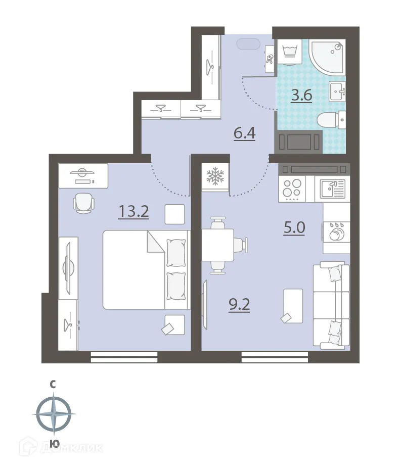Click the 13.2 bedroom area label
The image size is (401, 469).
pos(133,211)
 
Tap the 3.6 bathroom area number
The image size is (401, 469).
pos(302,96)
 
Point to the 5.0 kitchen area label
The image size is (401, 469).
pos(294,227)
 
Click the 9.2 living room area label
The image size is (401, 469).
pos(239,305)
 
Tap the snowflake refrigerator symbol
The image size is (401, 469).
pos(215,176)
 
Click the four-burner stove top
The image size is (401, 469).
pos(292,189)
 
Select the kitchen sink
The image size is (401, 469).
pos(332,189)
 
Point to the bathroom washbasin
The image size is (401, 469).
pos(338,91)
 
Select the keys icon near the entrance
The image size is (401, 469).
pos(270,59)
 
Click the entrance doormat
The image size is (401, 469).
pos(248,45)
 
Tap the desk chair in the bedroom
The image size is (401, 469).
pos(84,203)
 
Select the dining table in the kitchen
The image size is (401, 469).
pos(218,245)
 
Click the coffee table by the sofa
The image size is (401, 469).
pos(293,306)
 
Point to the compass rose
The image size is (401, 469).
pos(54,414)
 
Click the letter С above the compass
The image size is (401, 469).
pos(53,385)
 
